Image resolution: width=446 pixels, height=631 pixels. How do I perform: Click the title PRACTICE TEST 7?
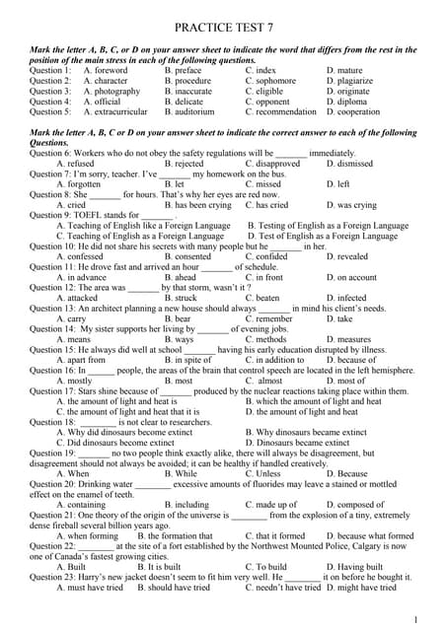[222, 31]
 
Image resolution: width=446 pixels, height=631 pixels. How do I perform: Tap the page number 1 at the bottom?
[417, 618]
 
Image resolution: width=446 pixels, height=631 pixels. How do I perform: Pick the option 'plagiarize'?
[356, 81]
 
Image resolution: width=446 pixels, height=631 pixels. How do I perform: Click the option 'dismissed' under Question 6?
[355, 164]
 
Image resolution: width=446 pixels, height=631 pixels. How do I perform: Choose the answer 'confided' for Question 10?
[271, 255]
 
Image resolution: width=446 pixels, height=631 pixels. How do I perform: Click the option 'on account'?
[356, 276]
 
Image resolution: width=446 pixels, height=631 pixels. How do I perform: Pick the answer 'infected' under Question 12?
[351, 297]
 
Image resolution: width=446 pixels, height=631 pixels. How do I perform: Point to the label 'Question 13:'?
[54, 308]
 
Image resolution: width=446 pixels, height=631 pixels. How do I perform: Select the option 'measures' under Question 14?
[353, 338]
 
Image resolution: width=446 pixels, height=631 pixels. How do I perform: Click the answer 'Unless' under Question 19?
[267, 472]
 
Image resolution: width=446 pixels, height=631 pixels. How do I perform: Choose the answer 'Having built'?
[357, 566]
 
